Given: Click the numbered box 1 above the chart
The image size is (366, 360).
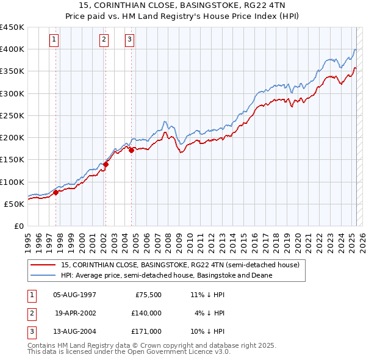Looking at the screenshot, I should click(54, 40).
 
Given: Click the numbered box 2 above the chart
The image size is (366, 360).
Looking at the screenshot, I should click(104, 40).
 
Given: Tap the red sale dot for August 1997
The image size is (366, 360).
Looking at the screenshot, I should click(56, 192).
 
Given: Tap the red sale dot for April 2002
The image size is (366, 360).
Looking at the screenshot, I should click(106, 164).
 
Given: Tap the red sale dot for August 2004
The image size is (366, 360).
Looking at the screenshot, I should click(131, 150).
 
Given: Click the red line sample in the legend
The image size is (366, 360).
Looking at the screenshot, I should click(43, 265).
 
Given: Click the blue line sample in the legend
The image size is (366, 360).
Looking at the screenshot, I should click(43, 275).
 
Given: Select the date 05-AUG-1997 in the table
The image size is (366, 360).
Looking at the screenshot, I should click(75, 295).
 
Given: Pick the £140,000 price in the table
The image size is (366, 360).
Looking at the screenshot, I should click(146, 313).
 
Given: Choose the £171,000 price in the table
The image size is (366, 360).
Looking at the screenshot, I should click(146, 331).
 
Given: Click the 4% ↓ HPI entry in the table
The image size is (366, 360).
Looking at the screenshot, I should click(210, 313).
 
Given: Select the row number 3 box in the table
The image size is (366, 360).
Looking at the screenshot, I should click(30, 331).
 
